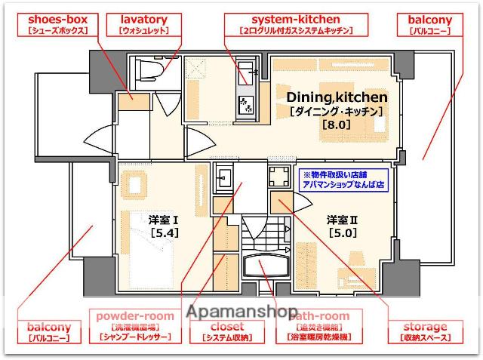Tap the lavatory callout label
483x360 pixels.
pos(143,24)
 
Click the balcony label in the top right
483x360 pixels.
pos(430,24)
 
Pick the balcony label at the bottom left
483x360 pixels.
pos(49,332)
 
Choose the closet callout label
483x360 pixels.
pos(226,332)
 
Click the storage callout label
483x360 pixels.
pos(424,332)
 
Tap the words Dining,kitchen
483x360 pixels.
pos(337,97)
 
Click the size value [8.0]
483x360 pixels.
pos(337,125)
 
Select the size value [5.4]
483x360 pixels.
pos(164,233)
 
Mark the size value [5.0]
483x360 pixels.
pos(341,233)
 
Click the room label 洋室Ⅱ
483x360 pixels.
pos(341,220)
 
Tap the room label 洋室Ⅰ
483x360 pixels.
pos(164,220)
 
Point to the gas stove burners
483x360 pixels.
pos(247,106)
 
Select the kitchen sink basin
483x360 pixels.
pos(247,75)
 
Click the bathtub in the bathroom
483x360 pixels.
pos(267,268)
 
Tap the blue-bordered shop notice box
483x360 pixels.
pos(343,178)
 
